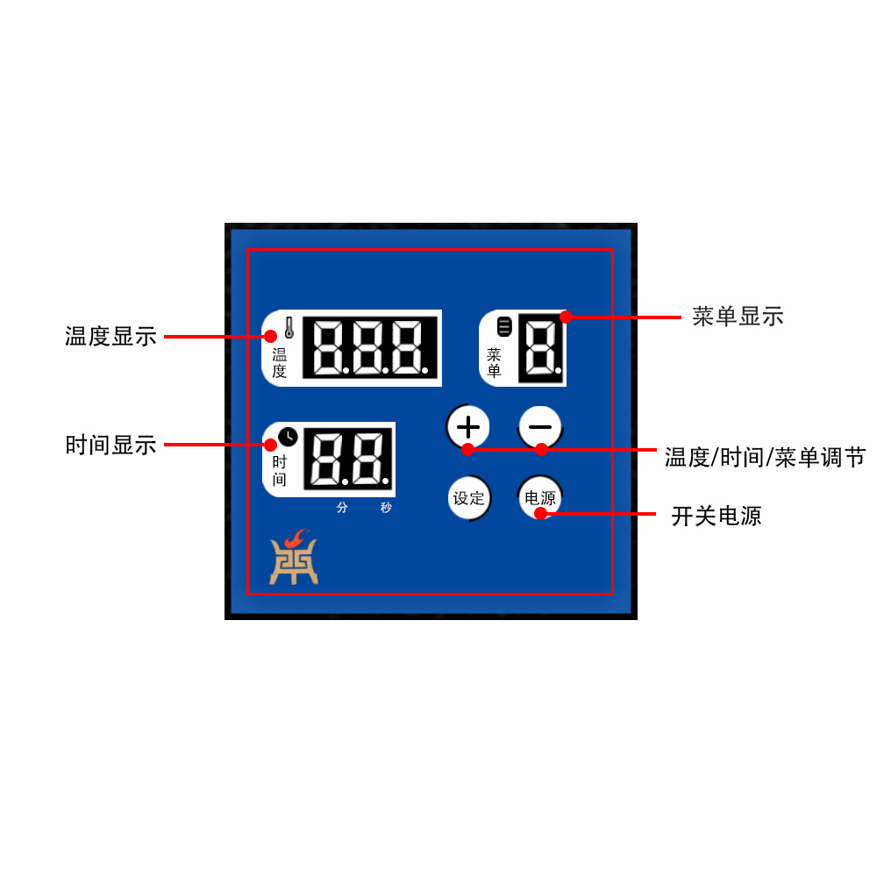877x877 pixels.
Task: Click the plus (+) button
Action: tap(469, 427)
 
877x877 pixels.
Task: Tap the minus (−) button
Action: tap(540, 427)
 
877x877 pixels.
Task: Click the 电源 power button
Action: tap(540, 498)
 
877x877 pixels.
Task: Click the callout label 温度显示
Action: tap(111, 336)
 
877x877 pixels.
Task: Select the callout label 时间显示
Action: tap(111, 445)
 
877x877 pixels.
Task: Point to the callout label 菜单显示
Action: tap(738, 317)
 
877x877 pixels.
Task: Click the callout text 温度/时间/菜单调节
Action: tap(765, 457)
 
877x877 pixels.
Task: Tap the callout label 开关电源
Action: tap(717, 516)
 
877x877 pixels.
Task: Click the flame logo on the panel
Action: tap(294, 558)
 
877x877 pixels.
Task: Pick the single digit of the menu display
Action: tap(541, 348)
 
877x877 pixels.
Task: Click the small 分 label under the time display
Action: tap(342, 508)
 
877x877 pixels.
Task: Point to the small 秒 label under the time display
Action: tap(386, 508)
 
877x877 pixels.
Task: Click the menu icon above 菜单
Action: tap(503, 327)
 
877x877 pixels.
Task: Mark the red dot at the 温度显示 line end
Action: tap(270, 336)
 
